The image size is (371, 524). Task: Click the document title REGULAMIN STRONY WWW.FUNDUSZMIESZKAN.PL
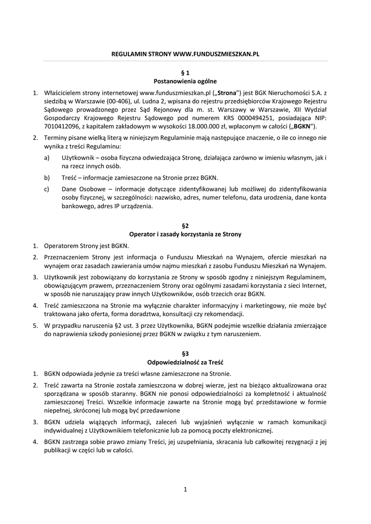click(185, 53)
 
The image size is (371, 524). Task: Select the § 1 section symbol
click(185, 73)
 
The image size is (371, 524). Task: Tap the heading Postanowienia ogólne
click(185, 81)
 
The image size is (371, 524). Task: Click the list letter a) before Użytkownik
click(47, 159)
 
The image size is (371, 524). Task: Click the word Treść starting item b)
click(71, 178)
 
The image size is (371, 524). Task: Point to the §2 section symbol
click(185, 226)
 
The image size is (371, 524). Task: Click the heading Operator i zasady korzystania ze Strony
click(185, 234)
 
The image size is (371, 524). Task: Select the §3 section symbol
click(185, 354)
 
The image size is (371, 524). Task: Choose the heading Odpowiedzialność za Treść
click(185, 362)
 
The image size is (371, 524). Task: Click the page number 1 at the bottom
click(185, 490)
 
